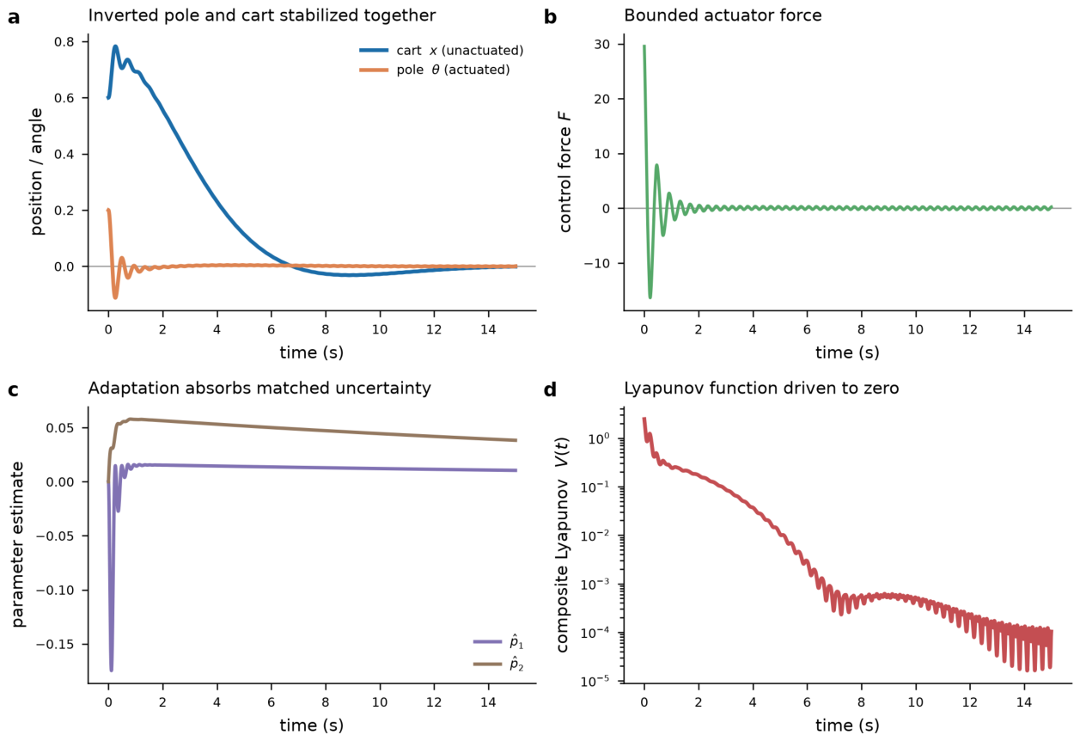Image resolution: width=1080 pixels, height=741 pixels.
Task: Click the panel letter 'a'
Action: [x=14, y=17]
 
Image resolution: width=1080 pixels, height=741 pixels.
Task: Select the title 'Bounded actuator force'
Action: [x=723, y=15]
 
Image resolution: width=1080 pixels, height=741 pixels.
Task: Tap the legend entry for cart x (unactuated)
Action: [x=441, y=50]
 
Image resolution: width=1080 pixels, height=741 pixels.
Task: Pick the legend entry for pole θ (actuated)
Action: [x=435, y=70]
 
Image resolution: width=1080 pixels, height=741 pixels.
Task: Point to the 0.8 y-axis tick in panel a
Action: [x=64, y=42]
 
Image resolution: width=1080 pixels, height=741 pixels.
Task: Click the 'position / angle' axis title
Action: [x=37, y=172]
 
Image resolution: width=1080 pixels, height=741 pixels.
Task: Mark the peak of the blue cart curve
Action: [x=116, y=46]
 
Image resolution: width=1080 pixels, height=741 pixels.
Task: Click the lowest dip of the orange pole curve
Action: [x=115, y=297]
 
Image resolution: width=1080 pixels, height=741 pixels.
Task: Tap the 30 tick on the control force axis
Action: [x=602, y=44]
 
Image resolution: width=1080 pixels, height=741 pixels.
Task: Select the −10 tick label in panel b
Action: [x=597, y=263]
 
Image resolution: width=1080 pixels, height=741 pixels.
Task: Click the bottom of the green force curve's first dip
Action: [x=650, y=297]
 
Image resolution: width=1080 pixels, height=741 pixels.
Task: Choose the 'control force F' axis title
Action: [x=565, y=172]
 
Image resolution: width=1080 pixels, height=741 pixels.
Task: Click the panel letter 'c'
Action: [x=14, y=389]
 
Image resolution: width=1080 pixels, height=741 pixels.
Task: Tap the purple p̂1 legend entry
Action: [x=498, y=642]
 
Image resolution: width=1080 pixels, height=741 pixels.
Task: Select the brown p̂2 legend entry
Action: [x=498, y=664]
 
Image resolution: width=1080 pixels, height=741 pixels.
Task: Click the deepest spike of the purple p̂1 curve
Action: [x=112, y=671]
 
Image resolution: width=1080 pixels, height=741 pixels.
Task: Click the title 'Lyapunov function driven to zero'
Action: [x=761, y=389]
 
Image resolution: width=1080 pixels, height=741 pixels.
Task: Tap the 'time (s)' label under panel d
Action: [x=847, y=725]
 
